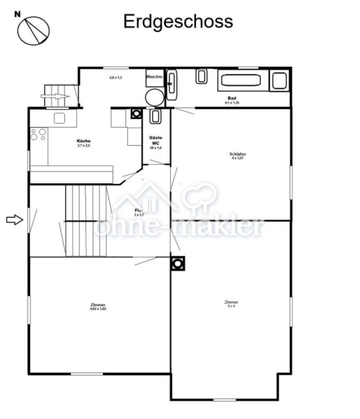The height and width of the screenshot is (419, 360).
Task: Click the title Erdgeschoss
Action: (x=178, y=21)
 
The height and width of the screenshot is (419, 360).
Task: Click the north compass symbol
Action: (x=33, y=29)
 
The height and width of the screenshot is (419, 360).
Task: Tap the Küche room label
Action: (x=84, y=141)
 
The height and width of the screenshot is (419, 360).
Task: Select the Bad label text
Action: (x=232, y=98)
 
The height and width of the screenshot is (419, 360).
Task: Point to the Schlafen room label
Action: (x=237, y=154)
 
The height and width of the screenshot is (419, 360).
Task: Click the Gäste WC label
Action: (x=156, y=140)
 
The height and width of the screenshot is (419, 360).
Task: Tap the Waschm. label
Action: (x=155, y=77)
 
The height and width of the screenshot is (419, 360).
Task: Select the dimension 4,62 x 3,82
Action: (x=98, y=308)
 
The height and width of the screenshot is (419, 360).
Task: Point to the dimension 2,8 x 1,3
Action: (x=116, y=78)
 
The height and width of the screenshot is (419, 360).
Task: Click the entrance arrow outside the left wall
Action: (x=15, y=219)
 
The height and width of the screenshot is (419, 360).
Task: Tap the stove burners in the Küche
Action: (x=38, y=134)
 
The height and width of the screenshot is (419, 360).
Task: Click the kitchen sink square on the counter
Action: (x=60, y=118)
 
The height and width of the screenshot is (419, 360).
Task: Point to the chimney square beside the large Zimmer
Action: (x=177, y=264)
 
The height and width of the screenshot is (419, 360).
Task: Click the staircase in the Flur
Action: (x=87, y=220)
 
